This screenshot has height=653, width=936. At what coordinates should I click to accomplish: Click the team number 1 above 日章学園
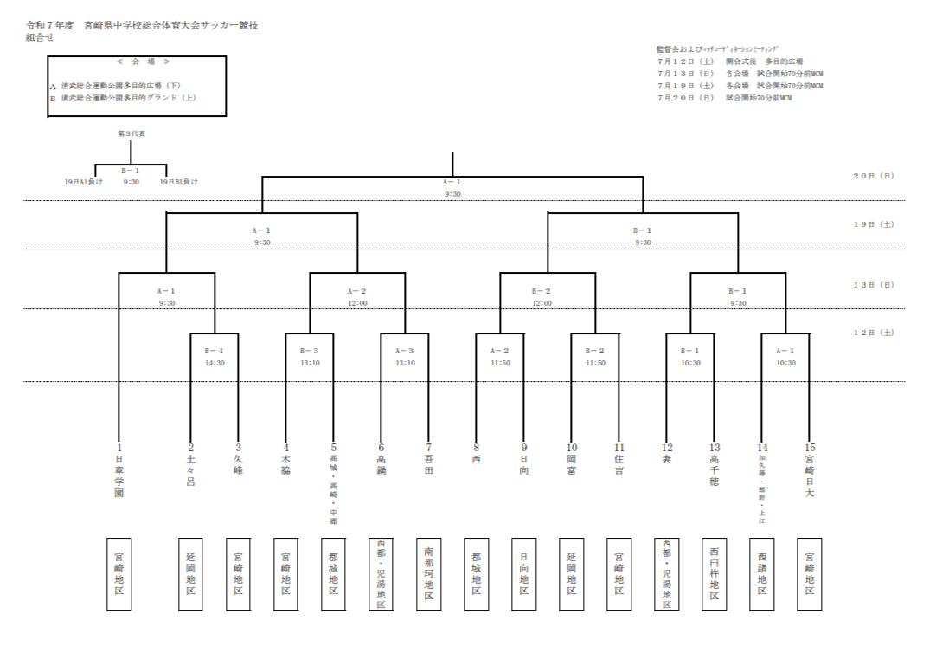pos(119,447)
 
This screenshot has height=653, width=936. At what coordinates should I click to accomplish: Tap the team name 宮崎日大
pos(810,475)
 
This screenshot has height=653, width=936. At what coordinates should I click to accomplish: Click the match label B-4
pos(215,351)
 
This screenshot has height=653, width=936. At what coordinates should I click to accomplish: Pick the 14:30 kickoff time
pos(215,363)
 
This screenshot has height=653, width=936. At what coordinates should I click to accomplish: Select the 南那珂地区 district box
pos(429,573)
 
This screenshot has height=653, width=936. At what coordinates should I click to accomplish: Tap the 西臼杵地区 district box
pos(715,573)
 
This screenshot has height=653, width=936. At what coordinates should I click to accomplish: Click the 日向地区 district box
pos(524,573)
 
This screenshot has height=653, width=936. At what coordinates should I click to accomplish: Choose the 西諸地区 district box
pos(762,573)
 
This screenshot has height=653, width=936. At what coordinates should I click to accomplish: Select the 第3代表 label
pos(131,133)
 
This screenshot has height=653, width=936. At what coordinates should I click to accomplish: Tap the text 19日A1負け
pos(84,182)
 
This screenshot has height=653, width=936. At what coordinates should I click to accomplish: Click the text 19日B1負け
pos(179,182)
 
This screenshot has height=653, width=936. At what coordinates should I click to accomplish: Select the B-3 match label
pos(310,351)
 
